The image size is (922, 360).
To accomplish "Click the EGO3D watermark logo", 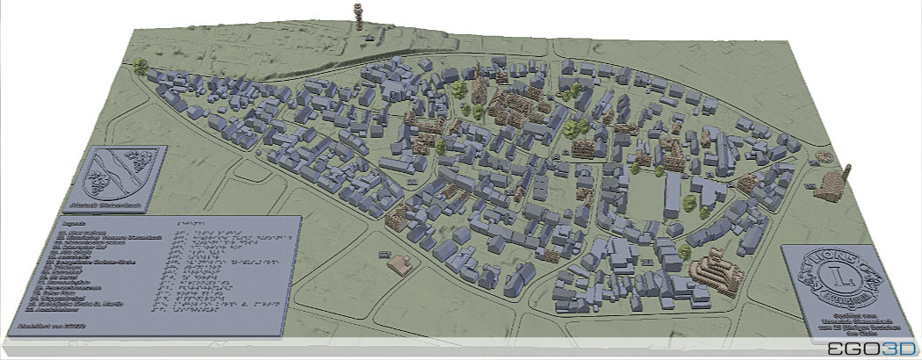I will pyautogui.click(x=870, y=349).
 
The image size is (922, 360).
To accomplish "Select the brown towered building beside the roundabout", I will pyautogui.click(x=831, y=184).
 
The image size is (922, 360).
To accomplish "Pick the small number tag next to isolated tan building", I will pyautogui.click(x=383, y=254).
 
